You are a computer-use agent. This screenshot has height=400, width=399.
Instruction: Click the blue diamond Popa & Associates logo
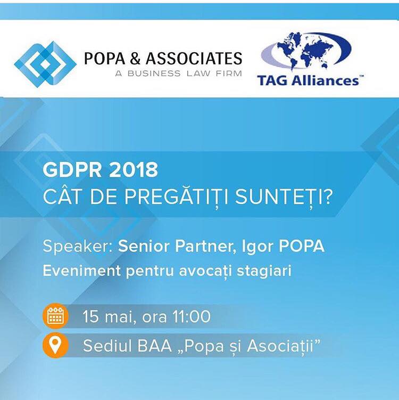[45, 64]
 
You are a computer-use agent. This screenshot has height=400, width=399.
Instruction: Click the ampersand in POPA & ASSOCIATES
[135, 59]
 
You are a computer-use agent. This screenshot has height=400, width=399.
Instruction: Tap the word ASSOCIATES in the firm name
[194, 59]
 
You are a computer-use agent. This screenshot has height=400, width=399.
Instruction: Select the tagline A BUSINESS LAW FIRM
[178, 74]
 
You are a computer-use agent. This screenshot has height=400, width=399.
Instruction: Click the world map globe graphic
[306, 51]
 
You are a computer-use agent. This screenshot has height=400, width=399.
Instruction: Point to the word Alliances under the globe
[325, 80]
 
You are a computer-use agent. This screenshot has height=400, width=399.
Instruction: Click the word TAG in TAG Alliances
[272, 80]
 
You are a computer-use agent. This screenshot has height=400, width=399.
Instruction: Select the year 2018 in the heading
[133, 170]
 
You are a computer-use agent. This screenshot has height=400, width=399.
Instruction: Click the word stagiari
[264, 271]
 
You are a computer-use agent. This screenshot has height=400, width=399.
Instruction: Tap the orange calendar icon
[55, 316]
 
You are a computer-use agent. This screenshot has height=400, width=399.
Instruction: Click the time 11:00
[192, 316]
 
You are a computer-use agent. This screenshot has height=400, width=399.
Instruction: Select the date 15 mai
[109, 317]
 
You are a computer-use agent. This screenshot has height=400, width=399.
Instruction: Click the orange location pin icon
[55, 346]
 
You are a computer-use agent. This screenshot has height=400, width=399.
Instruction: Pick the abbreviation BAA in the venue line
[154, 346]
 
